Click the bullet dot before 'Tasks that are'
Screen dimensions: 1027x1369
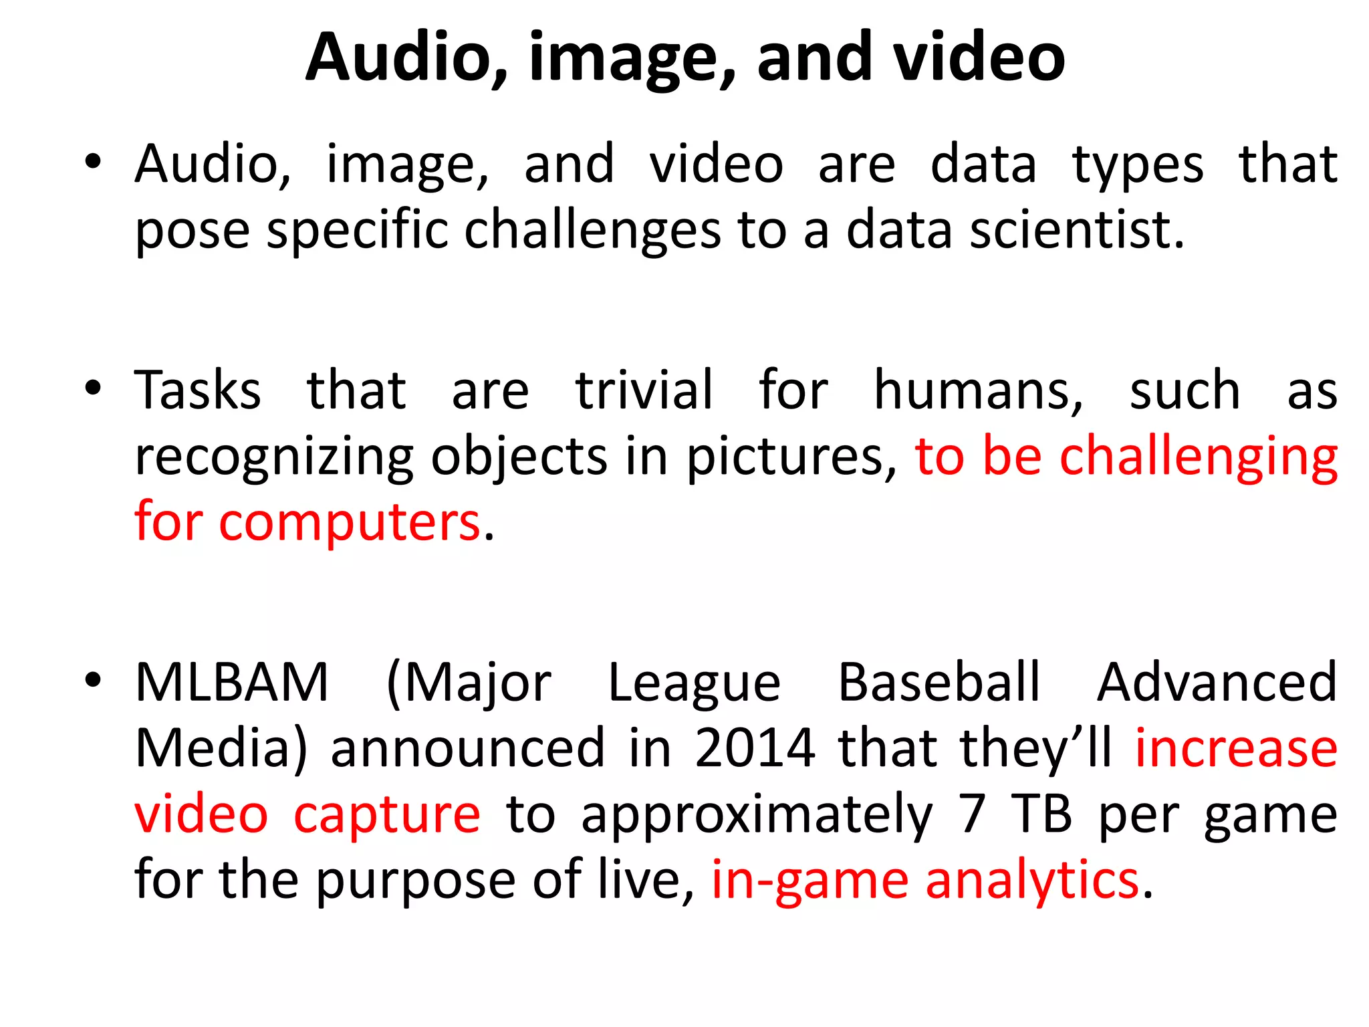93,388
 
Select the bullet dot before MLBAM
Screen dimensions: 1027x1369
93,680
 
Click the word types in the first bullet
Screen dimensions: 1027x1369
1138,164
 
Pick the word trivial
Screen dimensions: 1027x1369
644,390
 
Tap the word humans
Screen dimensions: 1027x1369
979,390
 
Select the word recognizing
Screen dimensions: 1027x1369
274,458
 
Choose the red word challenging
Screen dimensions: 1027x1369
1199,458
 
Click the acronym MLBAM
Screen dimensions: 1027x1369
232,683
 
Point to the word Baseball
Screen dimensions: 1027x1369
939,683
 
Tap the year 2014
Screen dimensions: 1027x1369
755,748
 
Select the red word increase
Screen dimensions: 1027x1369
1237,748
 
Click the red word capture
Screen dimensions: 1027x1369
387,815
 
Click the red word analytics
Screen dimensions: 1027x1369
1032,880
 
